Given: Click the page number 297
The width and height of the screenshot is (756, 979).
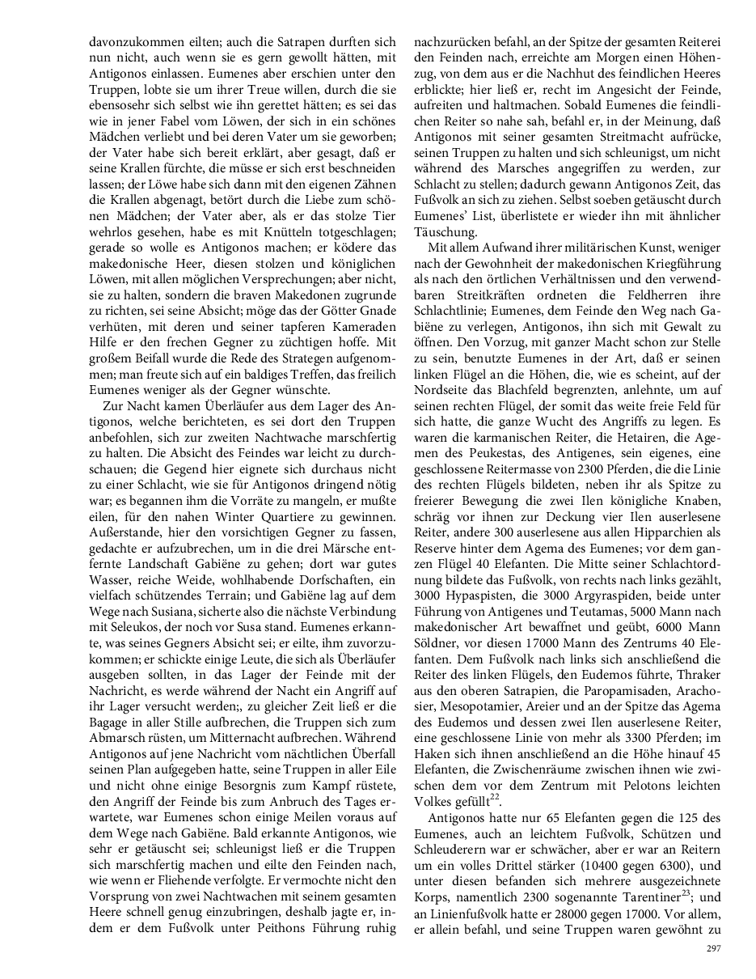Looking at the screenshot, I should [713, 949].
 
